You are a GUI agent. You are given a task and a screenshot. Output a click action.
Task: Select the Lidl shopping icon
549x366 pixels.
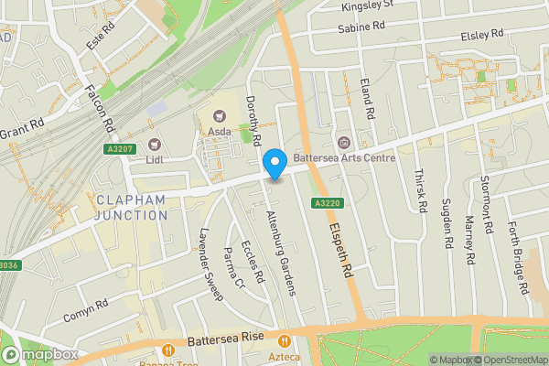(x=155, y=144)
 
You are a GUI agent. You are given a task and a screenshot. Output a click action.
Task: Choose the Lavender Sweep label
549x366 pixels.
(x=210, y=264)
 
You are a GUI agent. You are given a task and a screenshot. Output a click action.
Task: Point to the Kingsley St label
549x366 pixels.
(x=366, y=5)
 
